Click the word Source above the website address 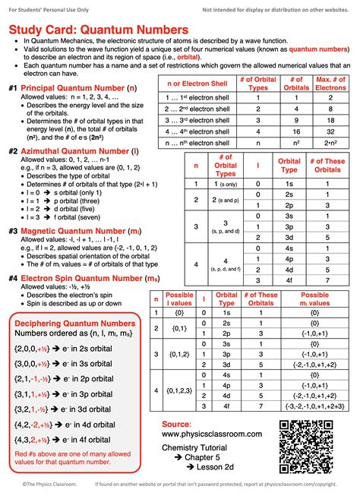click(175, 422)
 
